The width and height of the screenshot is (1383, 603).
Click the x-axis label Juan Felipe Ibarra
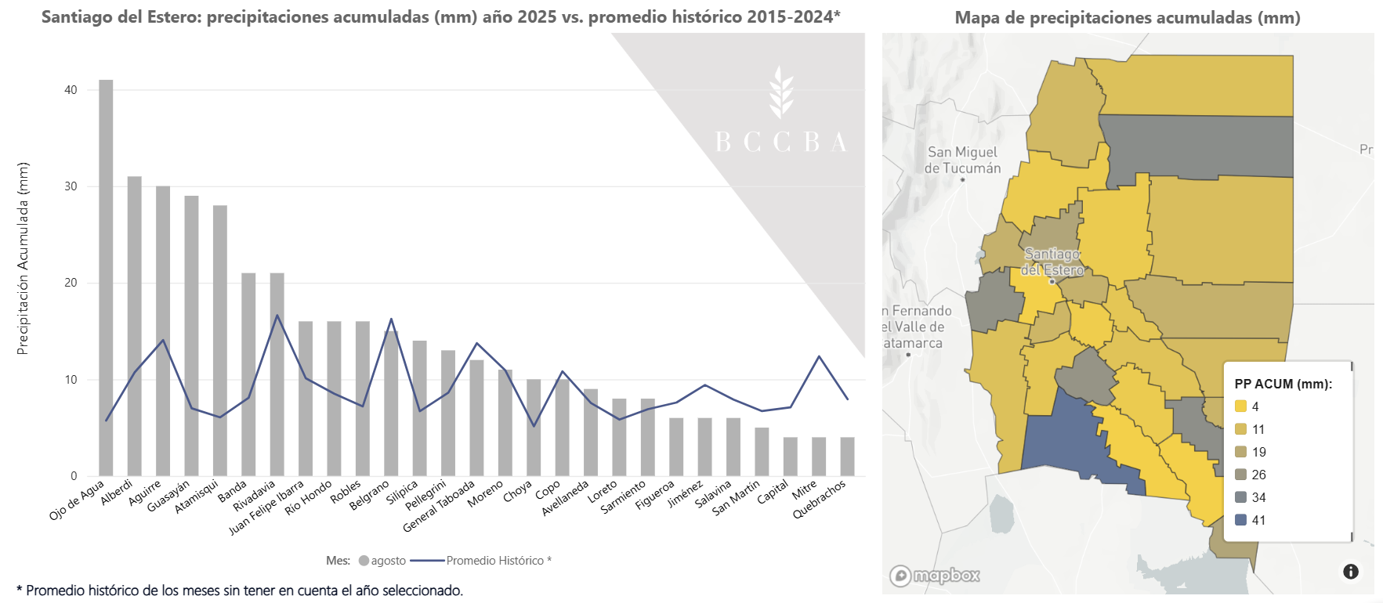click(266, 507)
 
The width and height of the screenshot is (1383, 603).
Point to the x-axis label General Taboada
click(439, 506)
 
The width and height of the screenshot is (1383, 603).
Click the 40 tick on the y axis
click(71, 90)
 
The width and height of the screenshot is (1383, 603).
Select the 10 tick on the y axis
click(71, 380)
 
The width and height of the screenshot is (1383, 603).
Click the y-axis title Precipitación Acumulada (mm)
click(23, 258)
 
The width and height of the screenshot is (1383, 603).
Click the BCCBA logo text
click(781, 142)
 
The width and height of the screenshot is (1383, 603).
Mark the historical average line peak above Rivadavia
click(277, 316)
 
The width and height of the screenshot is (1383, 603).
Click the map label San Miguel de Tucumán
click(962, 160)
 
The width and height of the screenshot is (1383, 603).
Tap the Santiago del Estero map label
click(1052, 262)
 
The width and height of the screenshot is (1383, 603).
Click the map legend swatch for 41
click(1240, 520)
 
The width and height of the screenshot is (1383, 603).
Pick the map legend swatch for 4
click(1240, 406)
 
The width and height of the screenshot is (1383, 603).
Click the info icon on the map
click(1350, 572)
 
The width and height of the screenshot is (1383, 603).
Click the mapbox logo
click(935, 576)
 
